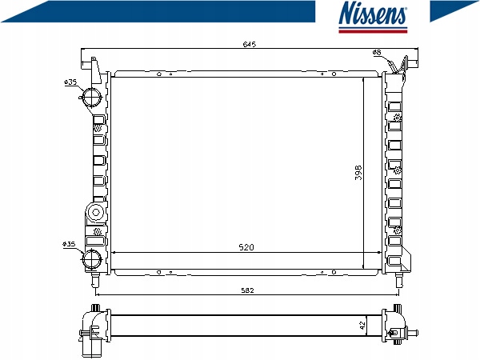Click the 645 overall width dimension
click(x=249, y=44)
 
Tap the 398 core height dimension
click(x=358, y=173)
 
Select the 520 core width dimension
click(x=246, y=247)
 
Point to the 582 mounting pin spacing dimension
click(x=247, y=290)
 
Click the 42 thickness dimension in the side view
click(x=362, y=325)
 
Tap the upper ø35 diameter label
click(x=70, y=82)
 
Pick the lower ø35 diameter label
click(x=69, y=244)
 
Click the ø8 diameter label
click(x=377, y=52)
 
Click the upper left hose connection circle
click(x=91, y=97)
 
